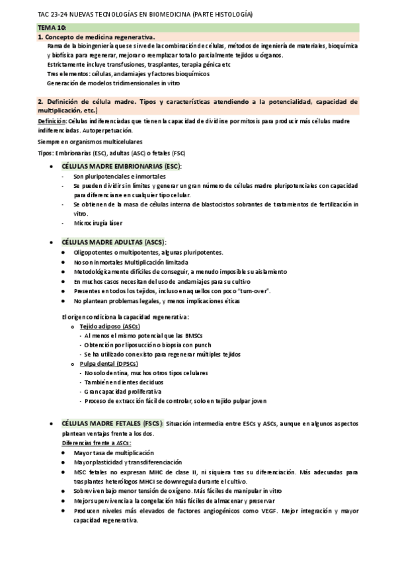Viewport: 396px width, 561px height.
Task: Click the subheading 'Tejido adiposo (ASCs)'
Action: point(110,327)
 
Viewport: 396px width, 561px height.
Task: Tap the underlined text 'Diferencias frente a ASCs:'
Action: point(97,443)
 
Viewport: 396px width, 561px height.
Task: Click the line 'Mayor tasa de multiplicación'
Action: point(110,453)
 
